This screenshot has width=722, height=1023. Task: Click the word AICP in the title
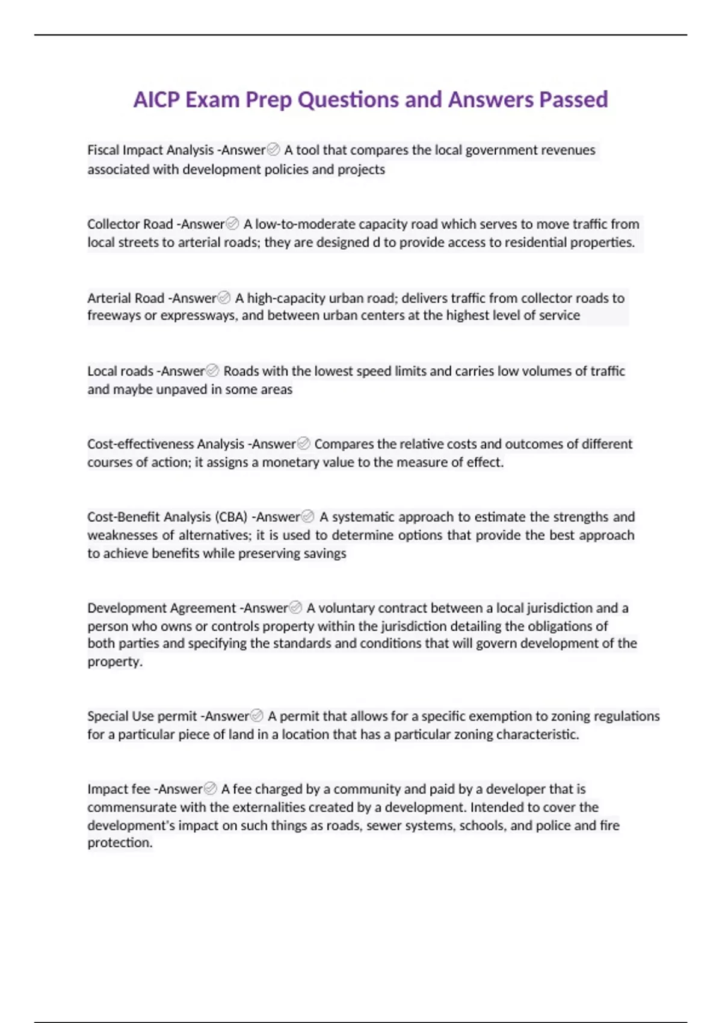click(x=156, y=99)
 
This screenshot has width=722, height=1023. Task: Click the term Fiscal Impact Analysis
click(x=150, y=150)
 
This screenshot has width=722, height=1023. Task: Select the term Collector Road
click(x=129, y=224)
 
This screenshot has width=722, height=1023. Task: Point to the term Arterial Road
click(x=125, y=298)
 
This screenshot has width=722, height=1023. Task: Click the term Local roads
click(x=120, y=371)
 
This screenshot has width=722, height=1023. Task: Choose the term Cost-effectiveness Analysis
click(x=165, y=444)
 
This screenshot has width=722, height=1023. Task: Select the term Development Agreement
click(x=161, y=608)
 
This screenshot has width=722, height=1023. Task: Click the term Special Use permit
click(x=142, y=716)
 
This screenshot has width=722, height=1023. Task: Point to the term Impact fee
click(x=119, y=789)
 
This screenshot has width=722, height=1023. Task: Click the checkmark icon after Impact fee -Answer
click(x=211, y=788)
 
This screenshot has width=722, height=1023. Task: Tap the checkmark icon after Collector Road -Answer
click(x=232, y=224)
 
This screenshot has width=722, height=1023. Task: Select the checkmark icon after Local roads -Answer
click(x=212, y=371)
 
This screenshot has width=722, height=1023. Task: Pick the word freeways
click(x=114, y=315)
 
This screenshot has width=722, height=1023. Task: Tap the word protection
click(x=119, y=842)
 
